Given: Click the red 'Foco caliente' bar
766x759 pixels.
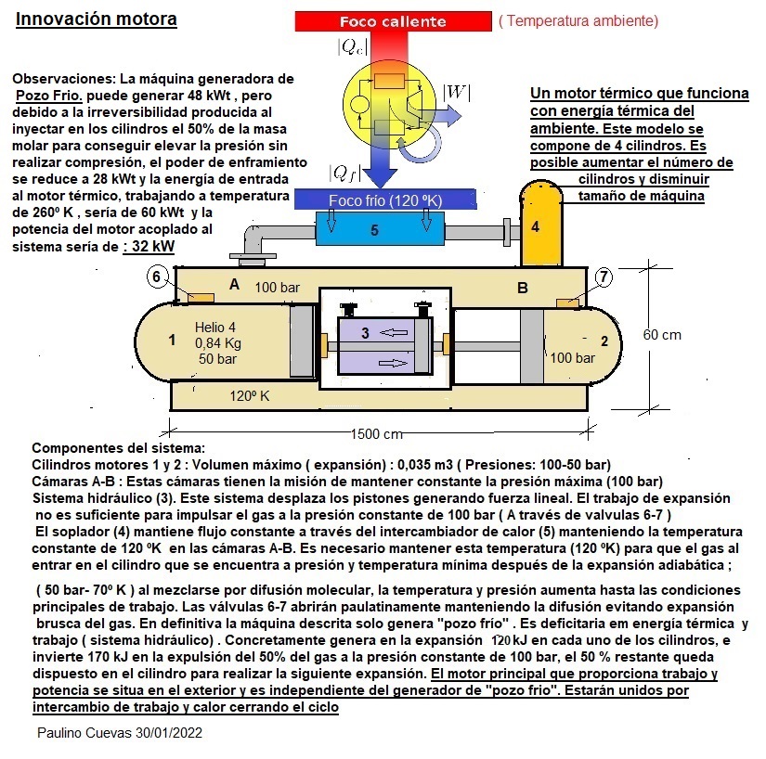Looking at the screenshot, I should click(392, 21).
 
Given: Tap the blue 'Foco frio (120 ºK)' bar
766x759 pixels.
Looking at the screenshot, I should click(385, 200).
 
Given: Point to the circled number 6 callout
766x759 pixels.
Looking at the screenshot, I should click(157, 277).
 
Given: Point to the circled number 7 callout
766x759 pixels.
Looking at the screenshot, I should click(604, 277).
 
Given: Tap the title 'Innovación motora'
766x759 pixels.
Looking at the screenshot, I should click(97, 19).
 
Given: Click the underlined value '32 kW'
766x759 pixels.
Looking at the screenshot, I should click(149, 247).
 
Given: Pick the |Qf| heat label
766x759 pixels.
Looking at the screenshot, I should click(344, 173).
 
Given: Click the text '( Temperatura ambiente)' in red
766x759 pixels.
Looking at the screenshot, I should click(578, 20).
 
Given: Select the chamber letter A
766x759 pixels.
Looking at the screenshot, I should click(234, 285).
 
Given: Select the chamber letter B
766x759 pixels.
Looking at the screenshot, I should click(523, 288).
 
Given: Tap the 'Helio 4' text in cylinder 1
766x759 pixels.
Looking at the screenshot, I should click(215, 327).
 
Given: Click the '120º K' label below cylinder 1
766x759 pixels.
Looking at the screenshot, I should click(249, 396).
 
